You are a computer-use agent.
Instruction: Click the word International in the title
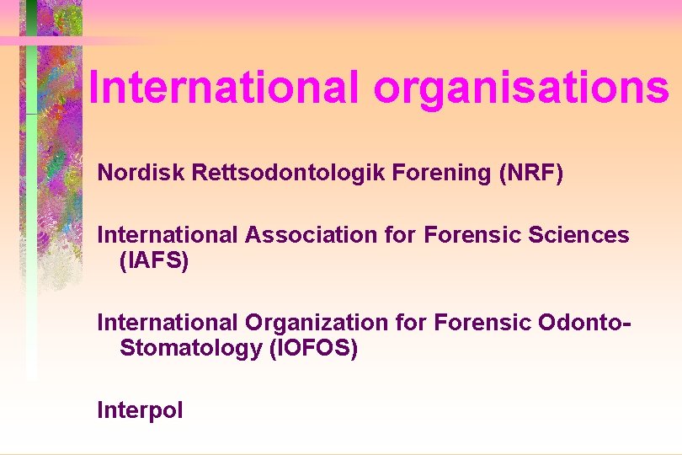click(223, 86)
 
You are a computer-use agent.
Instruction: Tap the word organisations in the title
click(519, 88)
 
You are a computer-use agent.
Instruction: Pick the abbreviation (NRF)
click(531, 173)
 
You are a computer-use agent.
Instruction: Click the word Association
click(312, 234)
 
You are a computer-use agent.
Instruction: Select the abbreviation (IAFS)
click(155, 261)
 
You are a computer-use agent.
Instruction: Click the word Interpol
click(140, 410)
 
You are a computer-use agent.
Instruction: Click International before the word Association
click(168, 234)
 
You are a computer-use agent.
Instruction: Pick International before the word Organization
click(168, 322)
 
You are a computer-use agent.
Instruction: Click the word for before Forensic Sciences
click(401, 234)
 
